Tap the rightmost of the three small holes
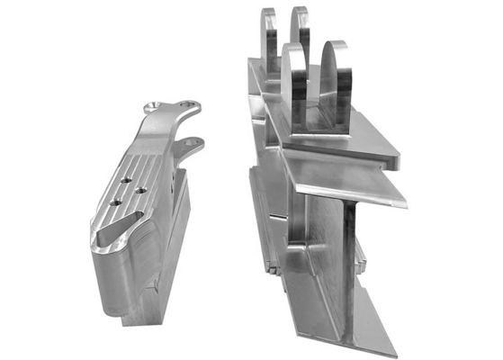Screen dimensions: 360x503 coord(139,191)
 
